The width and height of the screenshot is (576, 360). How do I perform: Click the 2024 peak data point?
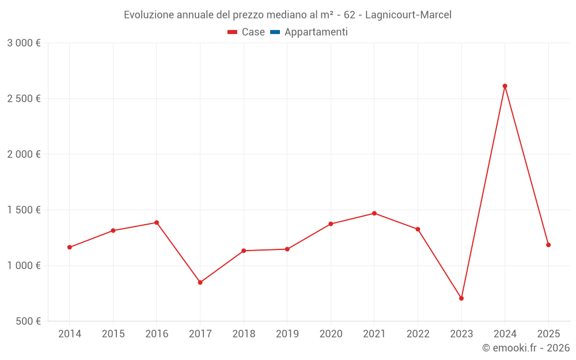pyautogui.click(x=505, y=86)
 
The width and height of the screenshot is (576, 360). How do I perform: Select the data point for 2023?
pyautogui.click(x=461, y=298)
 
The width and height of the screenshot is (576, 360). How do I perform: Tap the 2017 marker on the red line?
pyautogui.click(x=200, y=282)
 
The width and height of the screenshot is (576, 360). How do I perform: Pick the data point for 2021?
pyautogui.click(x=374, y=213)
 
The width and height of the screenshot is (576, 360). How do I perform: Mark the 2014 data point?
pyautogui.click(x=70, y=247)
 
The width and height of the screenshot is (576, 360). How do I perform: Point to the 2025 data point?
pyautogui.click(x=548, y=245)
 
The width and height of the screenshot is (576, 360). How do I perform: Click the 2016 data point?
pyautogui.click(x=157, y=222)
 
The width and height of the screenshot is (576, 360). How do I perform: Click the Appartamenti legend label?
pyautogui.click(x=316, y=32)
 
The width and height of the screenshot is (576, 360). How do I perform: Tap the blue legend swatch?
pyautogui.click(x=275, y=32)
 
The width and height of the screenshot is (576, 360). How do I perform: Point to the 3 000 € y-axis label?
pyautogui.click(x=24, y=43)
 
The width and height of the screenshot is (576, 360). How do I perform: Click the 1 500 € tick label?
pyautogui.click(x=24, y=210)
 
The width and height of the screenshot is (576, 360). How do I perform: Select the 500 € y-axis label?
pyautogui.click(x=28, y=321)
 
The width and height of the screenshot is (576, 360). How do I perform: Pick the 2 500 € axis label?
pyautogui.click(x=24, y=98)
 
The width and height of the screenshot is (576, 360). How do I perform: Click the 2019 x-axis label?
pyautogui.click(x=287, y=334)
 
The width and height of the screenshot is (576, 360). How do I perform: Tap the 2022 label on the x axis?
pyautogui.click(x=418, y=334)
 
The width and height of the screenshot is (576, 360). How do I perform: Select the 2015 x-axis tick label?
pyautogui.click(x=113, y=334)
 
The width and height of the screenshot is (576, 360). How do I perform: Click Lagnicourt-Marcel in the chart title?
pyautogui.click(x=408, y=15)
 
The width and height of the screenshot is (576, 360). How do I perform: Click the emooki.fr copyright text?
pyautogui.click(x=526, y=348)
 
